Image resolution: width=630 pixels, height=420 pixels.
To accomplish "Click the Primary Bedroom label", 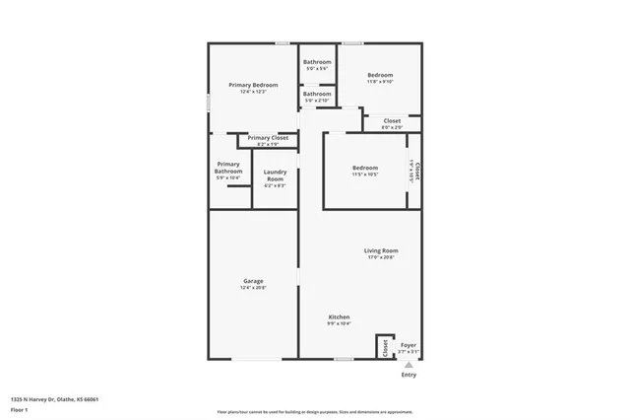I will [253, 85].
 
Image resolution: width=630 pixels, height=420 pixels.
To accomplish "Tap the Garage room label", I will [253, 281].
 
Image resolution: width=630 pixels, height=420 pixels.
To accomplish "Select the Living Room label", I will [381, 250].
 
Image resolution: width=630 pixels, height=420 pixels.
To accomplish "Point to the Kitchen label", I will [339, 316].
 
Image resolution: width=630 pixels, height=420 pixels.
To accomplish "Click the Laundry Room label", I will [275, 175].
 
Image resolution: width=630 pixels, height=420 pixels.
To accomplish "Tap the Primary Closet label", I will [268, 138].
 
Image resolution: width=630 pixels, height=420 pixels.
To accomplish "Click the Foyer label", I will [408, 345].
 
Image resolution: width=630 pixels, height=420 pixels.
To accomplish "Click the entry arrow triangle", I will [409, 365].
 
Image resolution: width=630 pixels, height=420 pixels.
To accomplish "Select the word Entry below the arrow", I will [409, 376].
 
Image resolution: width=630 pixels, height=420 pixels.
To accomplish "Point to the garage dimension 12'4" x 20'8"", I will [253, 288].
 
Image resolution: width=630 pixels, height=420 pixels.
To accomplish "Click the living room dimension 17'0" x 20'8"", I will [381, 257].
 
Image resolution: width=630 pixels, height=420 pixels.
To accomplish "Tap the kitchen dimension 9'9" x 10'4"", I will [339, 323].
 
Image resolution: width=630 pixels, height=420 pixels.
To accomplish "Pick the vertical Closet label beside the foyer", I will [385, 348].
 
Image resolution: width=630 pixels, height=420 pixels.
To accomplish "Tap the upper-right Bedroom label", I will [380, 75].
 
